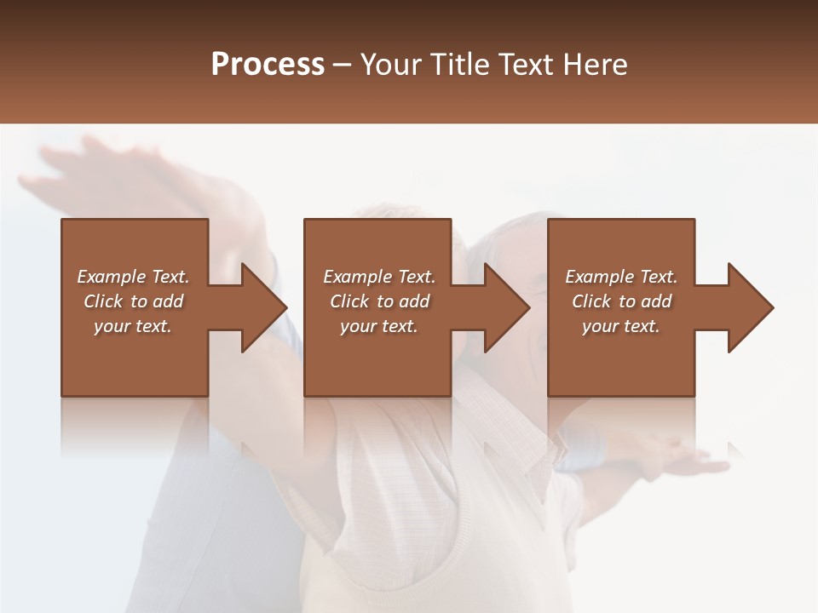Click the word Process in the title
[268, 65]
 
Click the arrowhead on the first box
[263, 307]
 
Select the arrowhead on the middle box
[506, 307]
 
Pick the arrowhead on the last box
[750, 307]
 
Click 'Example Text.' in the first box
[133, 277]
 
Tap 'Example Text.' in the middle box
[379, 277]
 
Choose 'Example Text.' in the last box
[621, 277]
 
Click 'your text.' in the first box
[133, 326]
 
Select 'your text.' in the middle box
[379, 326]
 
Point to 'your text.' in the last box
[621, 326]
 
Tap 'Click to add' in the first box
[133, 301]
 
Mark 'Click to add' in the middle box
[379, 301]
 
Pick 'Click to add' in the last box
[621, 301]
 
